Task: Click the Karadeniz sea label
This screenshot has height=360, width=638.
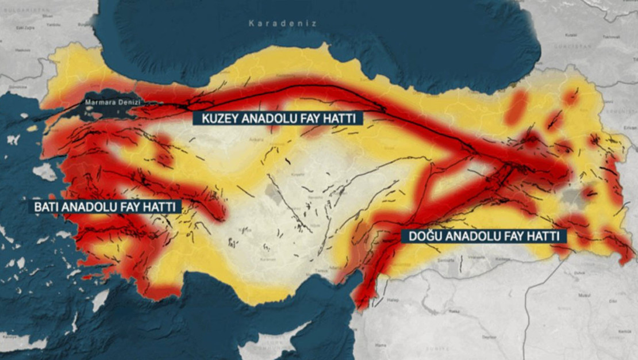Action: [x=282, y=24]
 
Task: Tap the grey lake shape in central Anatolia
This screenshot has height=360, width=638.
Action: [x=275, y=195]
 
